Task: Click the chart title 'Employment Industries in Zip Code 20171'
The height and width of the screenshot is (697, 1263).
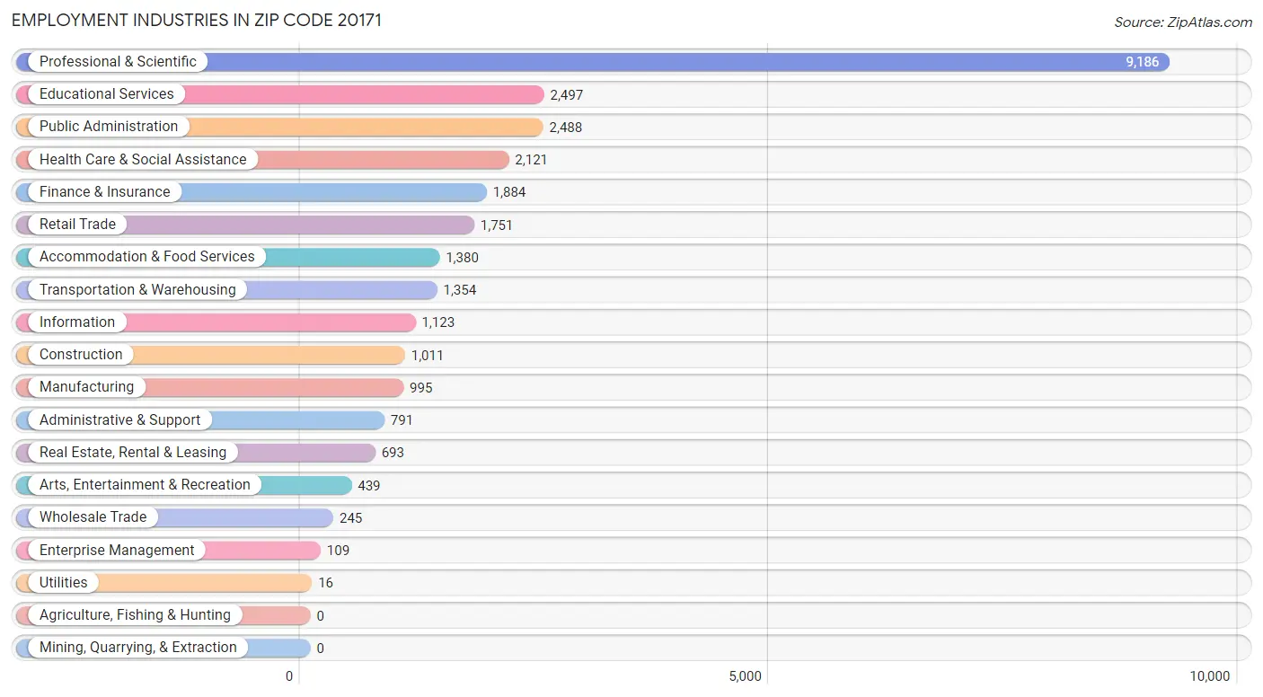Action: coord(197,20)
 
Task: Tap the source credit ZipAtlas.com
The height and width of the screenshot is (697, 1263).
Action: coord(1182,22)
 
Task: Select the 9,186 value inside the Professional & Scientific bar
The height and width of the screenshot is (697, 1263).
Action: coord(1142,62)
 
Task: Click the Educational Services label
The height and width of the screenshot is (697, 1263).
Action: coord(106,94)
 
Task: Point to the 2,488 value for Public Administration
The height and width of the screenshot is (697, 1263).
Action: coord(565,128)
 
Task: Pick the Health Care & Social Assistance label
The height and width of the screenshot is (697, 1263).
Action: coord(142,160)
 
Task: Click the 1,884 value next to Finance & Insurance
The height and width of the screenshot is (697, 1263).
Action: coord(509,192)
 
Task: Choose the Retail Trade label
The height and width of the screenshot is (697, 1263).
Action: coord(77,225)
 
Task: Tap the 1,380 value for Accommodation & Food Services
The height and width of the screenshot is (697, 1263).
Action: coord(462,258)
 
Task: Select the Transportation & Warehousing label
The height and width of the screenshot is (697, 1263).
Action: coord(137,290)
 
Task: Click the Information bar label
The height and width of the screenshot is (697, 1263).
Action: coord(77,322)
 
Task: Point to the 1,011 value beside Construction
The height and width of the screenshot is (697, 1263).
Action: coord(427,356)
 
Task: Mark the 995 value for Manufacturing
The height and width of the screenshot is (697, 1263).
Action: coord(421,388)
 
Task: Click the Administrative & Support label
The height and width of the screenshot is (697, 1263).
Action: coord(119,420)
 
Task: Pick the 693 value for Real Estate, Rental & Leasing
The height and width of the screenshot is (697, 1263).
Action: coord(393,453)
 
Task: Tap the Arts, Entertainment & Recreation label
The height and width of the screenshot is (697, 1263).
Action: coord(145,485)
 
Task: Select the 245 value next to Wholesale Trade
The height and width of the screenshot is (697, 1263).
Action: coord(350,518)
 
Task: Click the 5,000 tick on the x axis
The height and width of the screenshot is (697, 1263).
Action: coord(745,676)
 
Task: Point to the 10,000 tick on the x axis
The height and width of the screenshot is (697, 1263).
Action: coord(1209,676)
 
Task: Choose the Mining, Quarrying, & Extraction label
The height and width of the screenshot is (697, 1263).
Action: coord(137,648)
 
